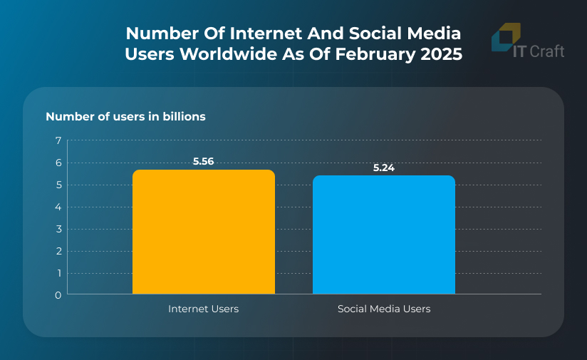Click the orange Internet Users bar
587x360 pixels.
point(204,232)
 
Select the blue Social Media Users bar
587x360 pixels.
point(384,235)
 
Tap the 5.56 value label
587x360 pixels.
point(204,161)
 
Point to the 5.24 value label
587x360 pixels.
point(384,168)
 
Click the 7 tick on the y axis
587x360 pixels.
point(58,140)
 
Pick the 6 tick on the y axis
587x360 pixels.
point(58,163)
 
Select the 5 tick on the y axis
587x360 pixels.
point(58,185)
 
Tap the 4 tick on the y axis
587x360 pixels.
point(58,207)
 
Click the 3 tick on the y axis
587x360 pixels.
point(58,229)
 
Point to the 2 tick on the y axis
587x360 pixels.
point(58,251)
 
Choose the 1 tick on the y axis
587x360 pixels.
point(58,273)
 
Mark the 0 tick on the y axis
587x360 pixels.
point(58,294)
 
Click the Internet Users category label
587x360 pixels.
point(204,309)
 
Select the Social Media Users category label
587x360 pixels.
point(384,309)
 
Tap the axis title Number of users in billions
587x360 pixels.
point(126,116)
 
